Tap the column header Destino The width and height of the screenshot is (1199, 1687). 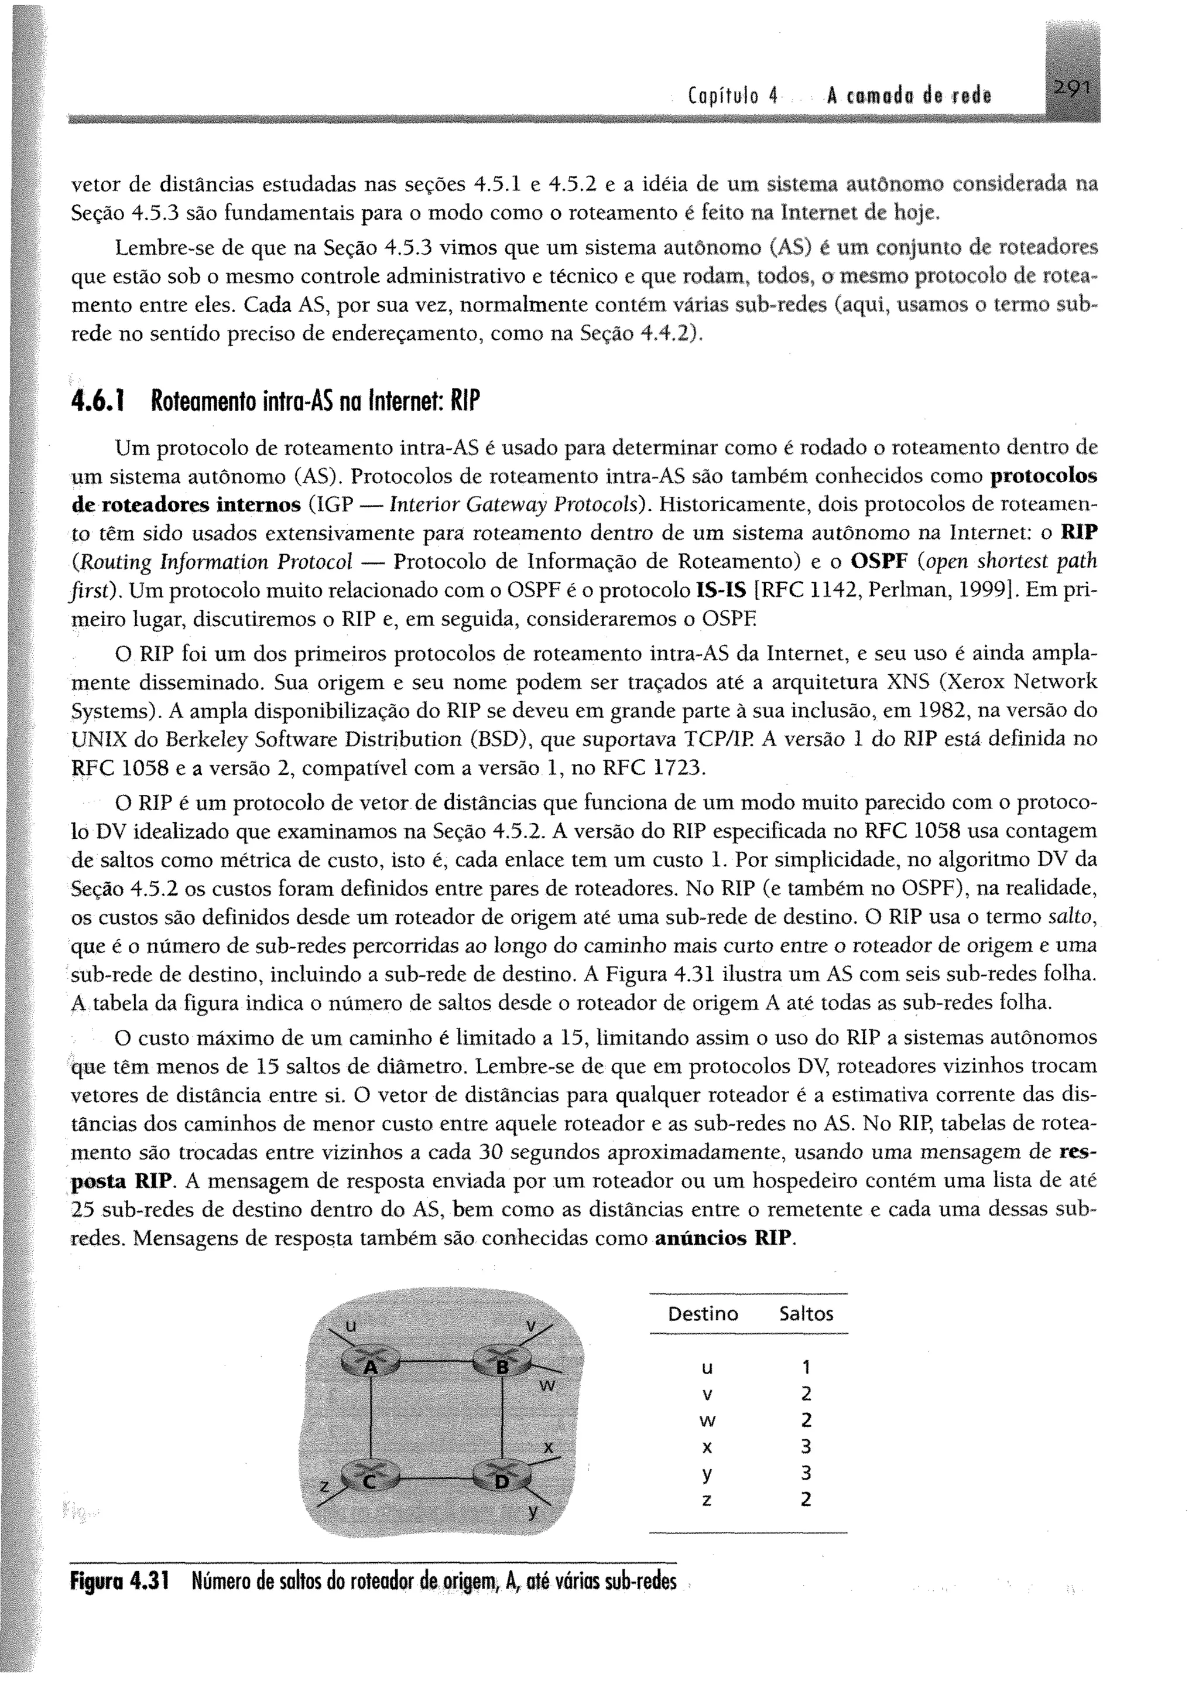coord(702,1313)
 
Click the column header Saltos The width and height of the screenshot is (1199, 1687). coord(806,1313)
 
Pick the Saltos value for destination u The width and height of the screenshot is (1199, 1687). coord(806,1367)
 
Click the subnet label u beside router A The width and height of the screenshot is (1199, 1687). coord(351,1326)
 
